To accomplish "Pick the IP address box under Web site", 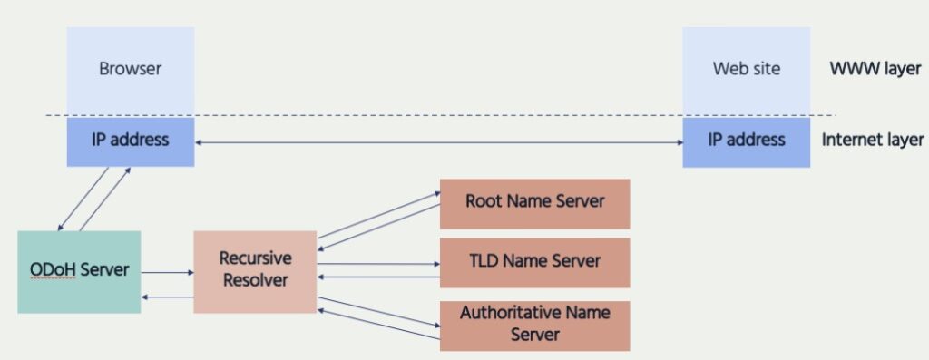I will point(746,141).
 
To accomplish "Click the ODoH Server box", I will point(79,271).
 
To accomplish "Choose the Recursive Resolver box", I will point(255,270).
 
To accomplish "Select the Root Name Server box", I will point(534,202).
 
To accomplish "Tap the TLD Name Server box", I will point(534,261).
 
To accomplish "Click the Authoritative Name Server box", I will point(534,324).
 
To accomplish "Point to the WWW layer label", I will point(876,68).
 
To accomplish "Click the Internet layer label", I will point(872,141).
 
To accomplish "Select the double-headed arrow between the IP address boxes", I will point(438,142).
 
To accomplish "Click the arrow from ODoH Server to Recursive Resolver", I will point(167,270).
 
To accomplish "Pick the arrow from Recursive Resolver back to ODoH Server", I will point(167,297).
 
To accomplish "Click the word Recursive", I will point(255,258).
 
